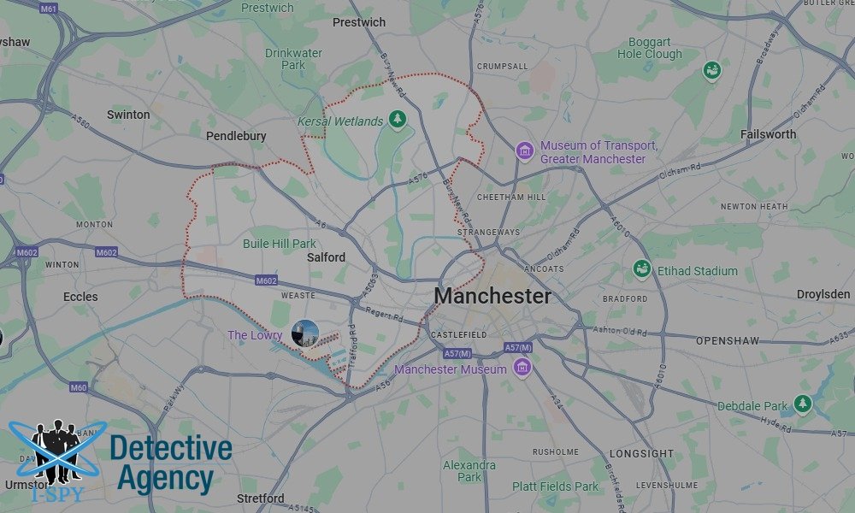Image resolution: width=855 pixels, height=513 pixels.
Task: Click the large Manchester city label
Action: tap(492, 297)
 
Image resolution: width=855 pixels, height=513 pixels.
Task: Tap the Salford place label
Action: tap(326, 256)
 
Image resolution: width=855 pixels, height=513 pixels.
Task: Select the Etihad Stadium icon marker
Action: tap(642, 270)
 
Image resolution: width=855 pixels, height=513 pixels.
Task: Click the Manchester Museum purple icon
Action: tap(522, 369)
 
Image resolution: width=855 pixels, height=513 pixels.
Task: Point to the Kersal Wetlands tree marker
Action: tap(396, 121)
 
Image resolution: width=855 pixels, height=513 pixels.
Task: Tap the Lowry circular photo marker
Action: tap(304, 333)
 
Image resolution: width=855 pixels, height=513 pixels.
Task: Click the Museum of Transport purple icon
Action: tap(524, 152)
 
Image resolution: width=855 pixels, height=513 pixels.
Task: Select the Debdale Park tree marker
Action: tap(802, 404)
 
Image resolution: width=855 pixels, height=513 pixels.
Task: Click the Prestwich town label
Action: tap(358, 22)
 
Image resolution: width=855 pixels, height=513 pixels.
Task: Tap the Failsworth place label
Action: tap(768, 134)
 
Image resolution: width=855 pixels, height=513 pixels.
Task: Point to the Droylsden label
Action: tap(823, 294)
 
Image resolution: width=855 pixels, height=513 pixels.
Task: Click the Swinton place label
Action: tap(128, 115)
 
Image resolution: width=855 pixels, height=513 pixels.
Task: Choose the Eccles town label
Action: tap(80, 297)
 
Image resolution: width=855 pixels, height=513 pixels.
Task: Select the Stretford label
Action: tap(260, 498)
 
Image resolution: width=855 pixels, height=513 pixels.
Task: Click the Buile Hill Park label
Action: tap(280, 244)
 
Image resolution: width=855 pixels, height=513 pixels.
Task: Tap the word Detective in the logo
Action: tap(171, 447)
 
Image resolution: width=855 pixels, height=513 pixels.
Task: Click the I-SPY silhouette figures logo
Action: tap(57, 453)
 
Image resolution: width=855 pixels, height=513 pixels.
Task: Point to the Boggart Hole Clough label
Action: tap(650, 48)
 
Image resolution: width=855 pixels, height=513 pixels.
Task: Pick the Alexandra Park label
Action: tap(469, 471)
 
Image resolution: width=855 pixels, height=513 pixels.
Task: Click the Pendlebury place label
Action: tap(236, 136)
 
